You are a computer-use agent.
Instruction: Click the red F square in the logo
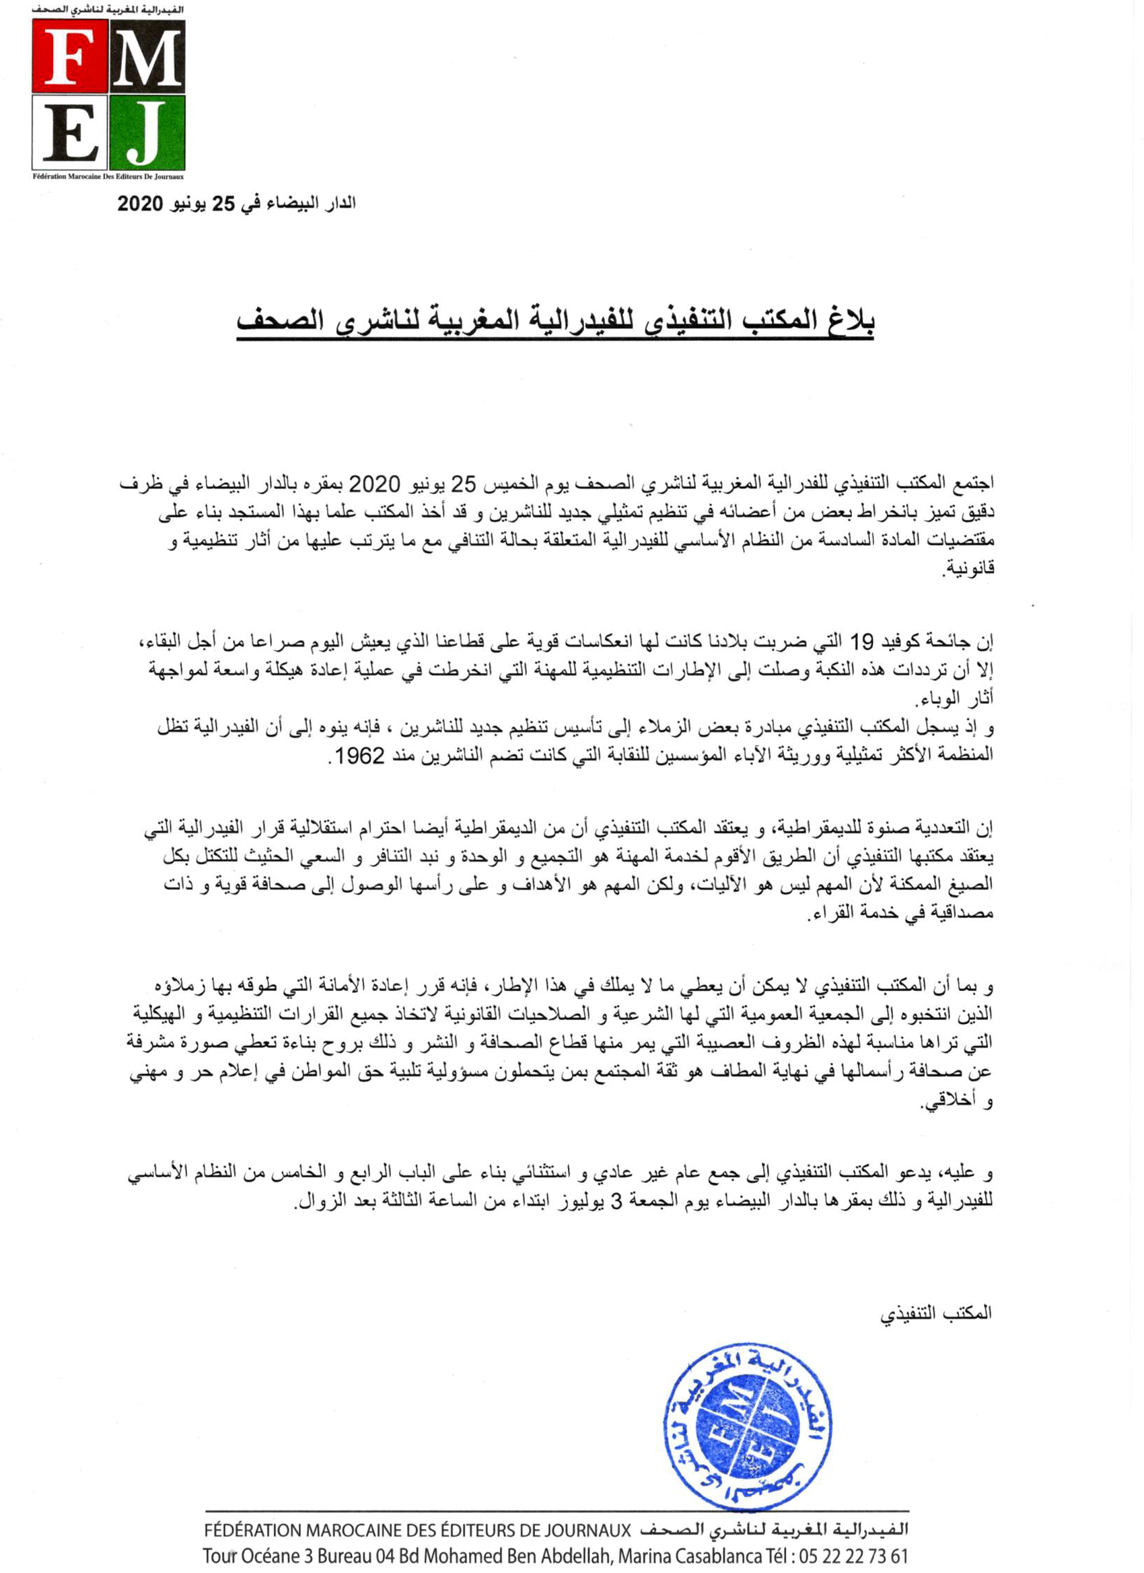[x=70, y=57]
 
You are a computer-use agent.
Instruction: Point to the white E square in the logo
[x=70, y=133]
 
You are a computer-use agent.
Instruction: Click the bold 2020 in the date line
[x=140, y=204]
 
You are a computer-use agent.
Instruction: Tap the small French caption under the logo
[x=108, y=177]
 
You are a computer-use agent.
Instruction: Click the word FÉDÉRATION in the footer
[x=253, y=1529]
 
